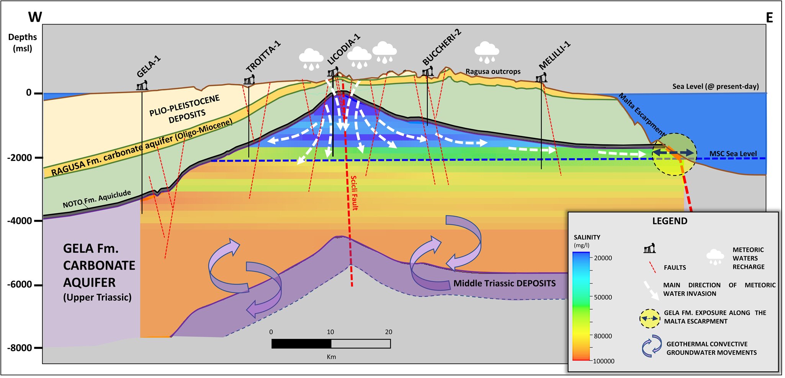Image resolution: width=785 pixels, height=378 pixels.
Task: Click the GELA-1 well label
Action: point(149,67)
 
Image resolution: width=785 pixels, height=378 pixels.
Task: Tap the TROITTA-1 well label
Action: point(263,56)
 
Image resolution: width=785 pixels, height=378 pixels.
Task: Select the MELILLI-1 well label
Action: point(554,56)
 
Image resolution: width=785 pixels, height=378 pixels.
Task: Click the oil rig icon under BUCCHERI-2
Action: point(427,71)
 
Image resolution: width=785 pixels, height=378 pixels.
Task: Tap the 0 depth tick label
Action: point(29,93)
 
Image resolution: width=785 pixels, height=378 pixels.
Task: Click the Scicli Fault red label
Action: point(354,193)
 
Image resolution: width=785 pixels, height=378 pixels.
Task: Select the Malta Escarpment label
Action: point(642,114)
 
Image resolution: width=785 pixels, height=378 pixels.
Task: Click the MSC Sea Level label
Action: point(733,154)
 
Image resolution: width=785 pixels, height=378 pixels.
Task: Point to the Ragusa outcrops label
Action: point(493,72)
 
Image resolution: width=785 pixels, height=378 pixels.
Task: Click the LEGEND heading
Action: point(670,221)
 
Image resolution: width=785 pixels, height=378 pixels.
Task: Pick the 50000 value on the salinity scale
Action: point(603,297)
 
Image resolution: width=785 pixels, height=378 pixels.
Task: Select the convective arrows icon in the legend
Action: point(652,346)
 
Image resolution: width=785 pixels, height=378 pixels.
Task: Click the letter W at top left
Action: point(35,17)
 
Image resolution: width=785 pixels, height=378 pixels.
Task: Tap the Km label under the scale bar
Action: point(331,357)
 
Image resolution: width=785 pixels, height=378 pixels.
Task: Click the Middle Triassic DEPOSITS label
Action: point(504,283)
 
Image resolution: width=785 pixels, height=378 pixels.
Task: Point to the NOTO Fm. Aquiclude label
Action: point(97,199)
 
